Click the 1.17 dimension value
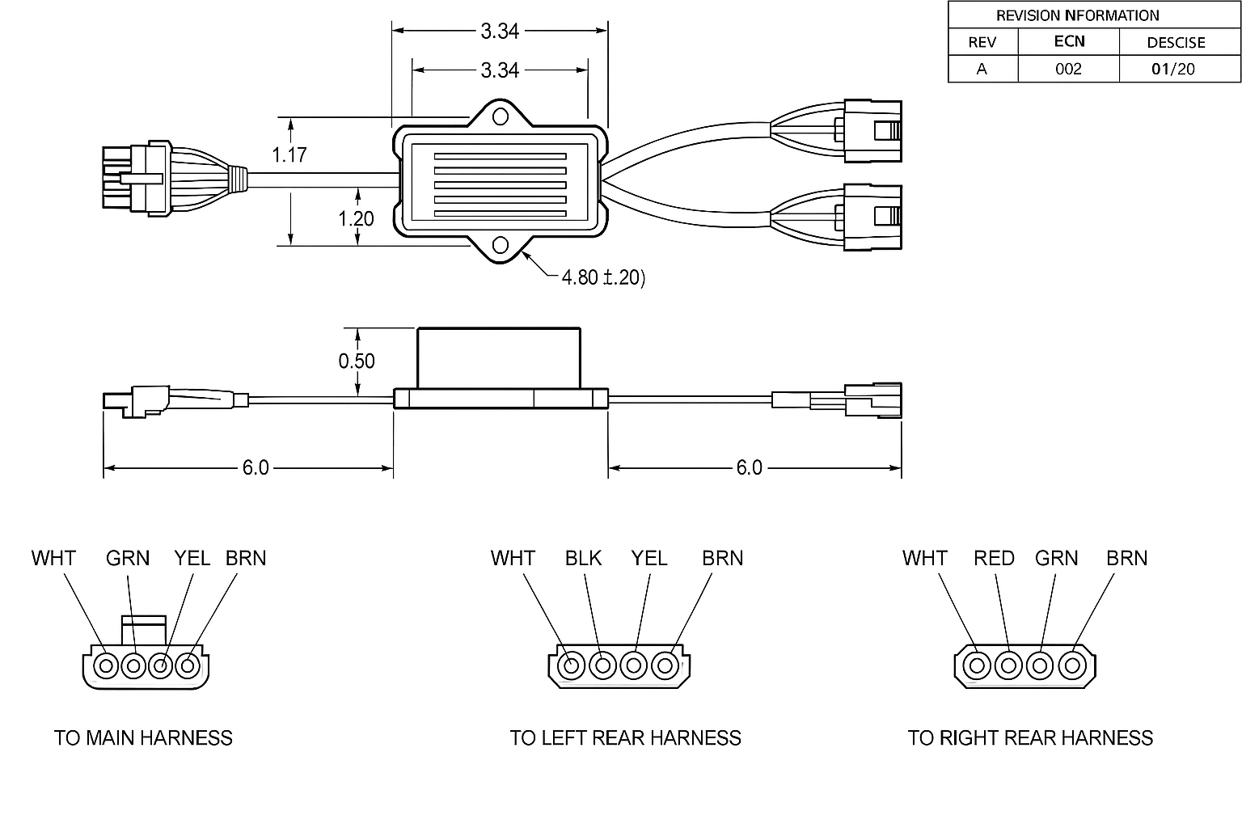(x=289, y=154)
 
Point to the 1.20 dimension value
(x=357, y=218)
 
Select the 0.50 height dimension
(x=357, y=361)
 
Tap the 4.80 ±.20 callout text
(x=603, y=277)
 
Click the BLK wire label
(x=583, y=558)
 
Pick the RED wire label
(x=994, y=558)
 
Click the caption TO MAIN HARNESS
(x=143, y=737)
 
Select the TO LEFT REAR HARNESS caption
(x=625, y=737)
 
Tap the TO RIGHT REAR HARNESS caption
(x=1030, y=737)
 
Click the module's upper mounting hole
(x=501, y=117)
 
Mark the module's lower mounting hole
(x=500, y=245)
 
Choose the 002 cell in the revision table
(x=1068, y=69)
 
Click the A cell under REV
(x=982, y=69)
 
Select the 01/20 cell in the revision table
(x=1173, y=69)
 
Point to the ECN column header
(x=1069, y=41)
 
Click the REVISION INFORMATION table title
(x=1077, y=15)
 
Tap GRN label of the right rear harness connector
(x=1056, y=558)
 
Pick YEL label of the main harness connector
(x=192, y=558)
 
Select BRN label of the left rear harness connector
(x=722, y=558)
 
